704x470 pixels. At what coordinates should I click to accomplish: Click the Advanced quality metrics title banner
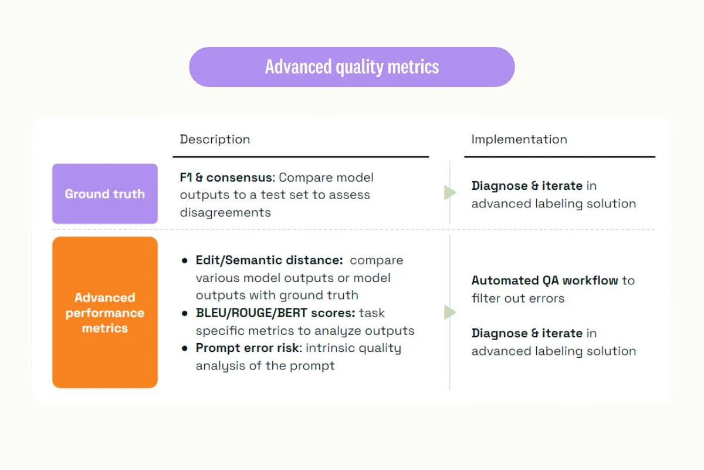351,67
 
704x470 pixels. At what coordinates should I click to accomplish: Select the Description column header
215,139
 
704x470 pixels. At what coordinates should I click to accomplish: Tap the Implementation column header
519,139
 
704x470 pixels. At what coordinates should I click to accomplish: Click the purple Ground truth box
105,194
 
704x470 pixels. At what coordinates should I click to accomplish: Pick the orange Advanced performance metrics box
105,313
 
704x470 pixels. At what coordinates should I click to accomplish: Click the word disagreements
225,213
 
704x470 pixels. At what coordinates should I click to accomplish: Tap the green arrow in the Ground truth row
450,193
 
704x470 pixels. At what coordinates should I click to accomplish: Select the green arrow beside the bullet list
450,313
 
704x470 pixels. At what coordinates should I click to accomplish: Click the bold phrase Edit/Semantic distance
269,260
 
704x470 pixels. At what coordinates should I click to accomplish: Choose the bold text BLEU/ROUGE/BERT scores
275,313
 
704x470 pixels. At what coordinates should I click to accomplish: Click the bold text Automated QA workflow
544,280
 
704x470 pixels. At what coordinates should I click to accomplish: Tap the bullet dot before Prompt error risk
185,348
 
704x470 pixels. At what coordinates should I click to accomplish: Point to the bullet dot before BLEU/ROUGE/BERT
185,313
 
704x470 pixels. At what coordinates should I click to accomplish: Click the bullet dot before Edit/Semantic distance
185,260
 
